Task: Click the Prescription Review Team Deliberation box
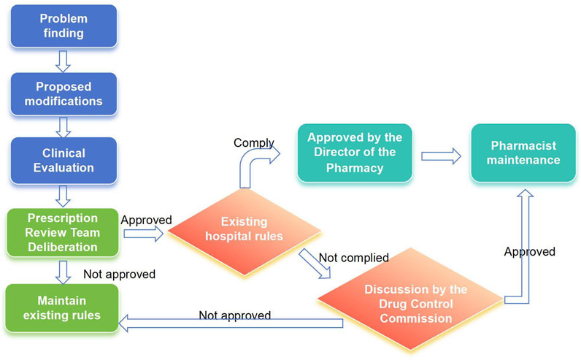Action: tap(62, 231)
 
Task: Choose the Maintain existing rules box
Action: tap(62, 308)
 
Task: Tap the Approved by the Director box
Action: tap(354, 152)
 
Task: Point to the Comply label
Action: tap(253, 142)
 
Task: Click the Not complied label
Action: tap(353, 258)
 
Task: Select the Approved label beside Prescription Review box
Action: tap(145, 219)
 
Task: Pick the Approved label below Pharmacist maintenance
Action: tap(530, 252)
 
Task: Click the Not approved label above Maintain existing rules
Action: tap(119, 274)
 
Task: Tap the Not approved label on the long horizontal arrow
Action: tap(235, 315)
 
